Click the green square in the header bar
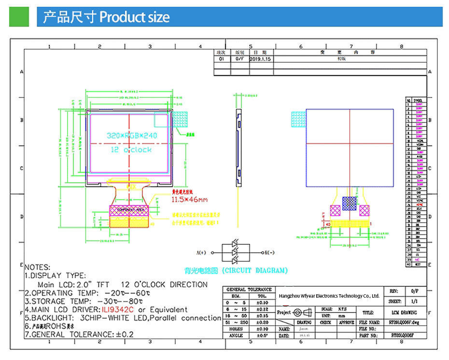point(19,17)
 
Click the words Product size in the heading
point(134,17)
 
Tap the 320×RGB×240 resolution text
point(132,136)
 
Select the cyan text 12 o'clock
point(131,150)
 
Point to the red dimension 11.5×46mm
point(189,199)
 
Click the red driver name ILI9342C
point(118,309)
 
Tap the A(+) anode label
point(201,253)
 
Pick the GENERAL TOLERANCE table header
point(249,289)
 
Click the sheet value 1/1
point(414,301)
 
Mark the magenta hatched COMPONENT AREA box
point(128,210)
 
